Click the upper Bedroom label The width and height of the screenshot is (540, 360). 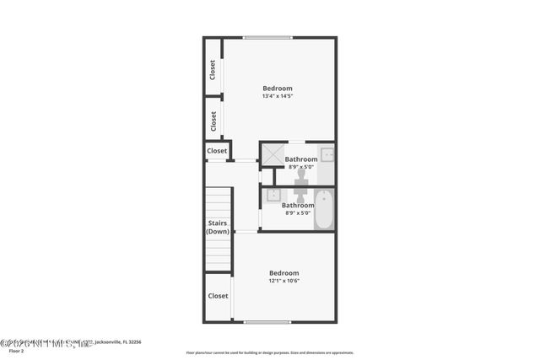pos(277,89)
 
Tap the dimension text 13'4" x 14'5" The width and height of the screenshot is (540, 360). pos(277,96)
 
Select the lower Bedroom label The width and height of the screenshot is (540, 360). pos(283,272)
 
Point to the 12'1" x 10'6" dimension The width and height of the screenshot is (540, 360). pos(283,281)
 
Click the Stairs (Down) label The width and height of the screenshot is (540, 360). pos(219,227)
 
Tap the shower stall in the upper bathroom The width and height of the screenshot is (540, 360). pos(271,154)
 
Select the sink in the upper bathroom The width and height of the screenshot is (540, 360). pos(327,154)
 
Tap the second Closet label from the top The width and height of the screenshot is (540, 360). pos(213,120)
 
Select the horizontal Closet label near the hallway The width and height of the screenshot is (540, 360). pos(218,151)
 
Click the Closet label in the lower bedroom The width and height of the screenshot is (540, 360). pos(218,296)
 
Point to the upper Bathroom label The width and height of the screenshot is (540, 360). pos(301,159)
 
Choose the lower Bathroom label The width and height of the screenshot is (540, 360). pos(298,205)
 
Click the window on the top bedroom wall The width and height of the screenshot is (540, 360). pos(268,37)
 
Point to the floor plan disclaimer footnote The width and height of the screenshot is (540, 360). pos(269,352)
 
